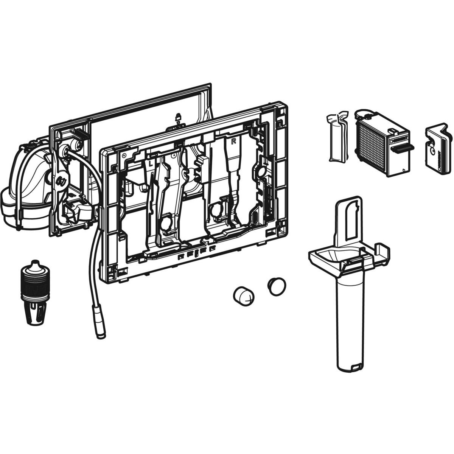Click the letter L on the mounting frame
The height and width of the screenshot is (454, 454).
pyautogui.click(x=150, y=163)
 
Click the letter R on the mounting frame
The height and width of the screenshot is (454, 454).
pyautogui.click(x=233, y=141)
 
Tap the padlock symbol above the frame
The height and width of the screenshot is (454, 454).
pyautogui.click(x=178, y=117)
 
